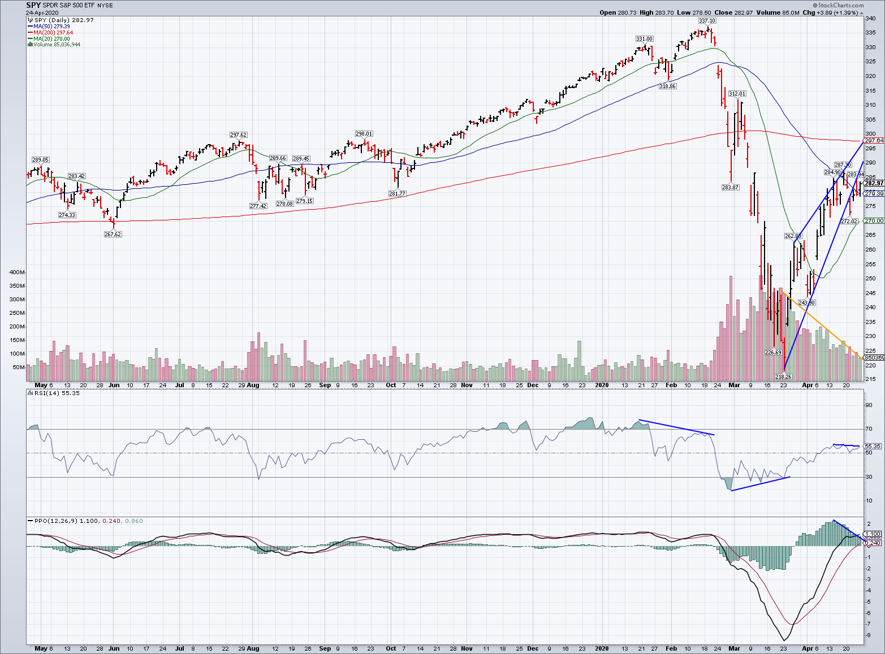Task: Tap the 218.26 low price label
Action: pos(783,376)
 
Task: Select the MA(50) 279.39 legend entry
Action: pos(51,27)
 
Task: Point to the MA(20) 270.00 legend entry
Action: pos(51,38)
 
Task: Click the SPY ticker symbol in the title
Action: pos(33,5)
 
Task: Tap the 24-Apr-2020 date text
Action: pos(41,12)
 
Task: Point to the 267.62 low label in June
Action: pos(113,234)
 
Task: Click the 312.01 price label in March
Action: pos(737,94)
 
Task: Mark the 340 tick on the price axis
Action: pos(871,19)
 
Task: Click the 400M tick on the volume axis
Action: pos(17,272)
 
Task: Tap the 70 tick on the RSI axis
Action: pos(869,429)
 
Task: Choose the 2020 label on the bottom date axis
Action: pos(602,648)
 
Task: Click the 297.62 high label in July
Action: pos(238,135)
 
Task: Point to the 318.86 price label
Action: pos(667,86)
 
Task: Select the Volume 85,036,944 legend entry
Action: pos(57,44)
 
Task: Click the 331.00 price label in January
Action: pos(644,39)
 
